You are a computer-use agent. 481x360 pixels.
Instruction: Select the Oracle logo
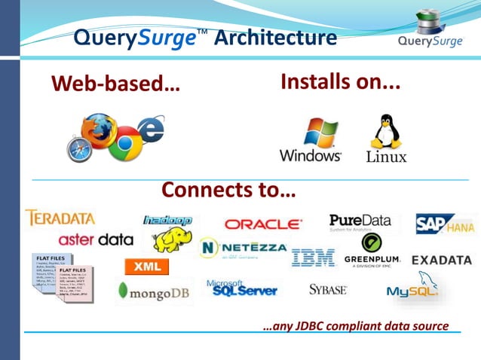point(263,224)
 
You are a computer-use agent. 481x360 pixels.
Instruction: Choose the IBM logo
point(313,258)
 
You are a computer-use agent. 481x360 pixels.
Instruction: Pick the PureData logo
point(360,221)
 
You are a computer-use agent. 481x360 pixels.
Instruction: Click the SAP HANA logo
point(446,224)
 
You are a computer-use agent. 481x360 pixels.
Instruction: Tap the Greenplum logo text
point(372,260)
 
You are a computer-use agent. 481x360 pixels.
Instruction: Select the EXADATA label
point(442,260)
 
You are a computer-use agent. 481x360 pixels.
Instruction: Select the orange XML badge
point(146,267)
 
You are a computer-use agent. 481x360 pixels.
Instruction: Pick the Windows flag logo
point(318,133)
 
